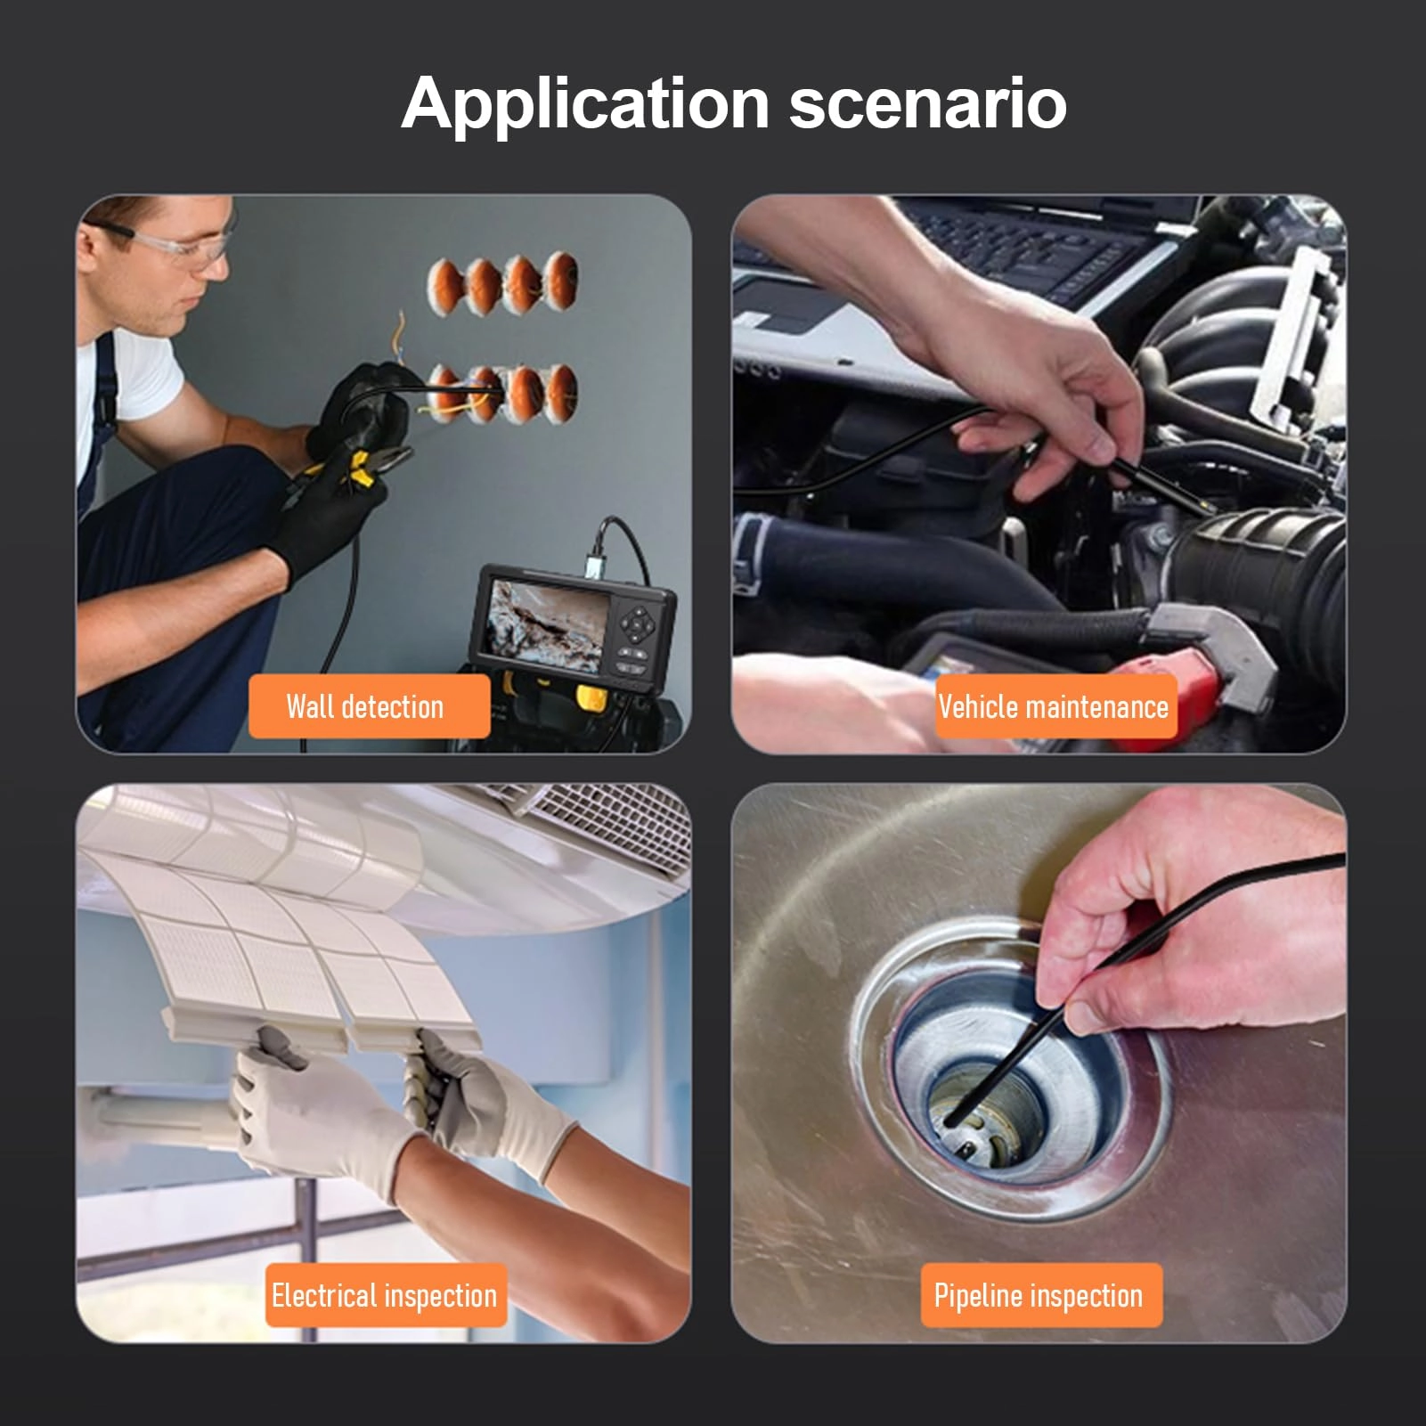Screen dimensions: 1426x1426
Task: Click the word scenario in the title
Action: point(928,104)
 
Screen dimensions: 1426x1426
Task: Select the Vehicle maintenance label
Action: point(1054,706)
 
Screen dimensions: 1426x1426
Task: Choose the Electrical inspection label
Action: point(385,1295)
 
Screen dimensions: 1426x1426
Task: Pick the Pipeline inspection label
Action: point(1040,1295)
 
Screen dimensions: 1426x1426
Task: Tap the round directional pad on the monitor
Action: point(638,625)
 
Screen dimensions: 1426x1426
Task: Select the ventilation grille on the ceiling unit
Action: point(606,824)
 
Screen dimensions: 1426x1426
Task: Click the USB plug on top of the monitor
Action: point(594,565)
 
